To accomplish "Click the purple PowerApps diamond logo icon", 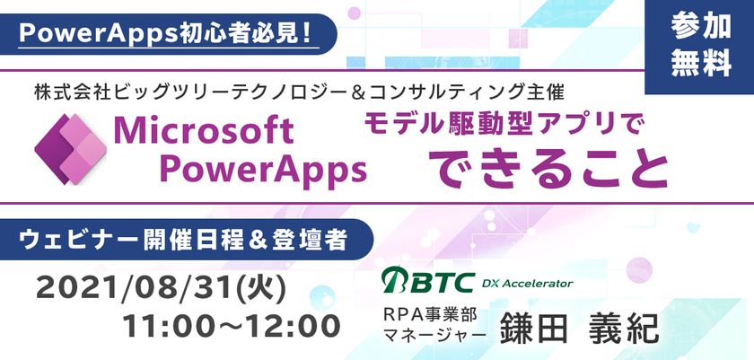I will [68, 149].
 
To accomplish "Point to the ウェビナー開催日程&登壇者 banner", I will [185, 240].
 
